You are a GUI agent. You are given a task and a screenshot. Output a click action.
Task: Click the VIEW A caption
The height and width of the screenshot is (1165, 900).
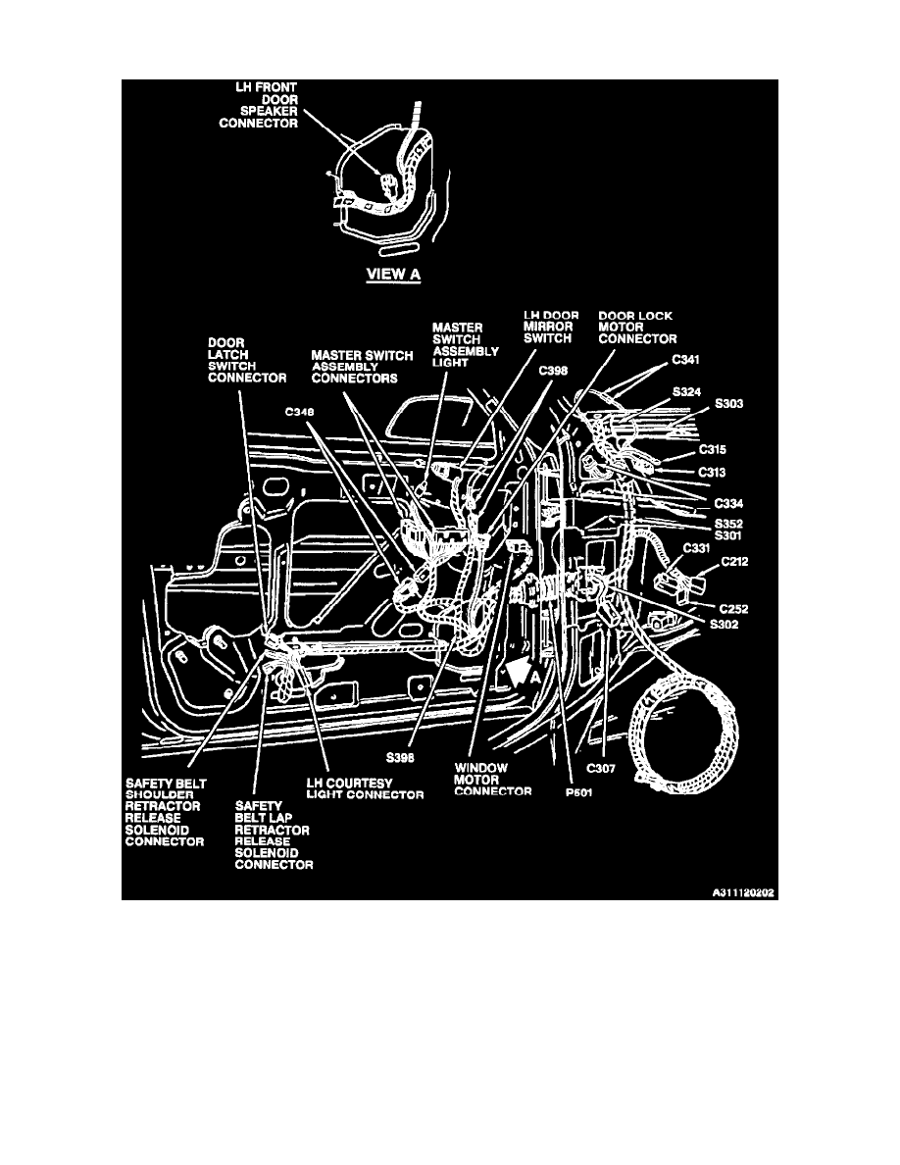[393, 274]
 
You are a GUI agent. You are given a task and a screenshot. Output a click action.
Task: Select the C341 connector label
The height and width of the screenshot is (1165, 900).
[687, 361]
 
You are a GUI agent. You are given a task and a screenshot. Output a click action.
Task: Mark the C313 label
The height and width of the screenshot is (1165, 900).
[712, 471]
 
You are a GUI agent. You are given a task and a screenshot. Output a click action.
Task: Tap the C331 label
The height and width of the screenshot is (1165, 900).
[696, 548]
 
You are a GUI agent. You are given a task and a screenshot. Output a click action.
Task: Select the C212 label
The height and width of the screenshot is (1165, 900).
[736, 562]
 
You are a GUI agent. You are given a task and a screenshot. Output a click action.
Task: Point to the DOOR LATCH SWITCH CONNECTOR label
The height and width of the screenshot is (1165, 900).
[245, 361]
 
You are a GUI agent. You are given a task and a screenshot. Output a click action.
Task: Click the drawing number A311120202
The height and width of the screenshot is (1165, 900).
[743, 893]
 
